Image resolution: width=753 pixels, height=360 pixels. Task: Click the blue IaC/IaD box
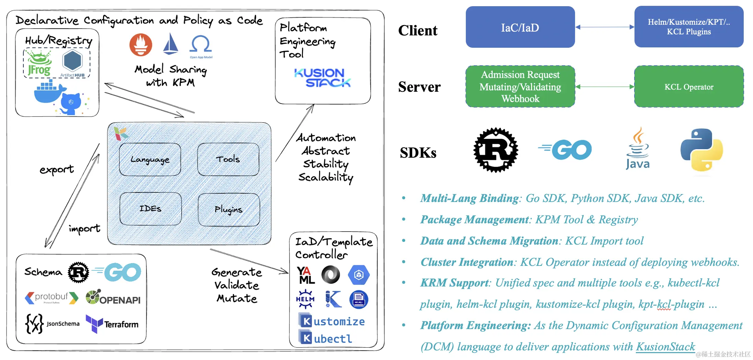click(x=520, y=27)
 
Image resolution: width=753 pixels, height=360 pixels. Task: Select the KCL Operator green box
click(x=689, y=87)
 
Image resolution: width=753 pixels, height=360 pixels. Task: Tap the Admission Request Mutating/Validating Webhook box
click(x=520, y=87)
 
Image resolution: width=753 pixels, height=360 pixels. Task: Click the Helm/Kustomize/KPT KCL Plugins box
click(x=689, y=27)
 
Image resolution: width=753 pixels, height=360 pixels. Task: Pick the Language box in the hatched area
click(x=150, y=159)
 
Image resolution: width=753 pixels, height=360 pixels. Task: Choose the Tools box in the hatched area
click(x=228, y=159)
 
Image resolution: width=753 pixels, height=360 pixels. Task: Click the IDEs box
click(x=150, y=209)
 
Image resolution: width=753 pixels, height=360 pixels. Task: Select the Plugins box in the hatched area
click(x=229, y=210)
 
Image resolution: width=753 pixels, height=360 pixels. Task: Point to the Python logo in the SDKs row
click(x=701, y=150)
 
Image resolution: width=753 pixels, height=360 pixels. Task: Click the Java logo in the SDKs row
click(x=638, y=149)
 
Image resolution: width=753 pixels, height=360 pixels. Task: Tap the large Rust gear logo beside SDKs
click(x=496, y=150)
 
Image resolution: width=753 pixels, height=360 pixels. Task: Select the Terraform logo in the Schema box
click(x=112, y=324)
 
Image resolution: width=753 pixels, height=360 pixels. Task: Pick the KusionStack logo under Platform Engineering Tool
click(x=322, y=78)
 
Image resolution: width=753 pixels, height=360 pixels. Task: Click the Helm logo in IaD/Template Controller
click(x=305, y=299)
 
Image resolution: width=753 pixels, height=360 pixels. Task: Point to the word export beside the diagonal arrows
click(x=57, y=169)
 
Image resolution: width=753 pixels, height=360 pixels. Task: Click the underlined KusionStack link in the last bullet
click(x=665, y=347)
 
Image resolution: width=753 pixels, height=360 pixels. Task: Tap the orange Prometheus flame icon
click(x=141, y=45)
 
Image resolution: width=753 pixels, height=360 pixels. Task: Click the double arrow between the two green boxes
click(x=605, y=87)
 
